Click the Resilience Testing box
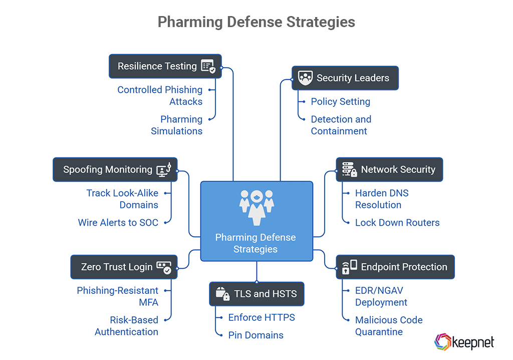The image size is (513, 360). [x=165, y=66]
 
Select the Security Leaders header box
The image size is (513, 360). [x=345, y=78]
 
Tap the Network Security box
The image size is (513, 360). [x=389, y=169]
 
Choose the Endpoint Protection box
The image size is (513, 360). [x=395, y=267]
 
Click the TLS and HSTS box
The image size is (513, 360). [x=256, y=294]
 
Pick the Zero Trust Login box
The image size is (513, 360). [x=123, y=267]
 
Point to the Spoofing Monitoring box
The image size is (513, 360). [x=115, y=169]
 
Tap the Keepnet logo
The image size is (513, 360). [x=464, y=342]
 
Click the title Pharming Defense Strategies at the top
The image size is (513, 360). [x=256, y=22]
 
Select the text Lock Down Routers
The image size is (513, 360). [x=397, y=223]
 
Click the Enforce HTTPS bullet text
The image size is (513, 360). [x=262, y=317]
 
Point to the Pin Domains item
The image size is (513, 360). [x=255, y=335]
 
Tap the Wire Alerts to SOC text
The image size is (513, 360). [x=118, y=223]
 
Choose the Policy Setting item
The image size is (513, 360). [x=340, y=102]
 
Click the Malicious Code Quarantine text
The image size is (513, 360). [x=389, y=326]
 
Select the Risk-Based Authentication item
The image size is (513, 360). [x=127, y=326]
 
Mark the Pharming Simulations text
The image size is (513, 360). [x=177, y=125]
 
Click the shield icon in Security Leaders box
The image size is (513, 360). [x=305, y=78]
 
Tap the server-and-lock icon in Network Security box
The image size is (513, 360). [x=349, y=169]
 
